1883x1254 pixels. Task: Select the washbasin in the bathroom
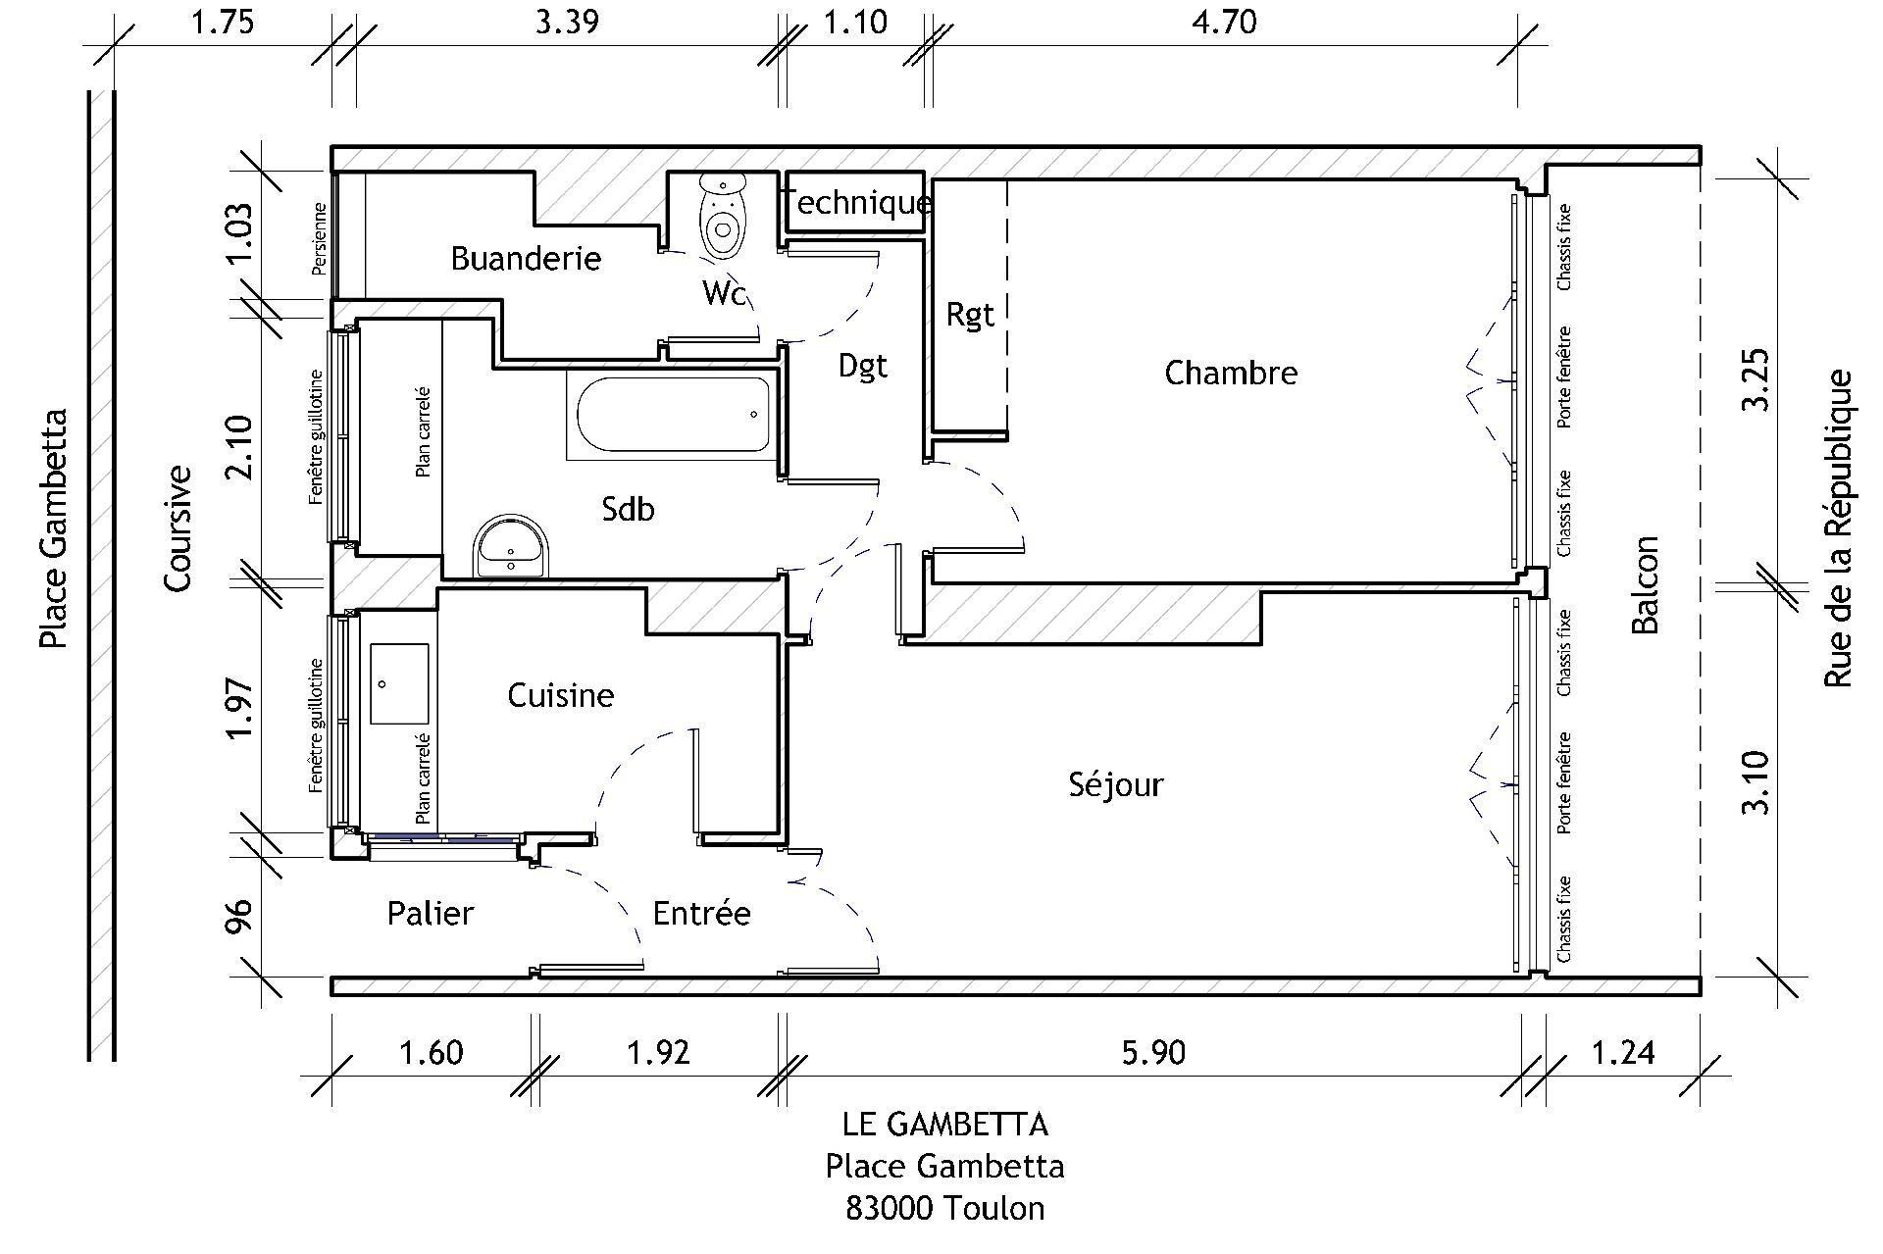click(511, 546)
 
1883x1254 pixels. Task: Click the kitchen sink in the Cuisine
click(399, 684)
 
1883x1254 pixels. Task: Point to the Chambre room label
click(1231, 373)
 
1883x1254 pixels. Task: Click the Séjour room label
click(1115, 784)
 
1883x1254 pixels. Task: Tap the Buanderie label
click(526, 259)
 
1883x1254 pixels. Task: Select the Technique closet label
click(859, 203)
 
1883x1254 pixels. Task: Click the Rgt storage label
click(970, 315)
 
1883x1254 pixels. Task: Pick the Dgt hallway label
click(863, 367)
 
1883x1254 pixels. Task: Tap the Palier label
click(431, 913)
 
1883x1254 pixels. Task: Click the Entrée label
click(702, 913)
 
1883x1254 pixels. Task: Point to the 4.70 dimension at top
click(1224, 22)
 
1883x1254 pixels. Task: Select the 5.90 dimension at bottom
click(1153, 1053)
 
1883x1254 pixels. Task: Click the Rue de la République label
click(1838, 528)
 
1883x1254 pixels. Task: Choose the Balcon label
click(1645, 585)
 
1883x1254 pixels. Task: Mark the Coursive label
click(178, 528)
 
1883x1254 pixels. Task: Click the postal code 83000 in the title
click(889, 1208)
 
